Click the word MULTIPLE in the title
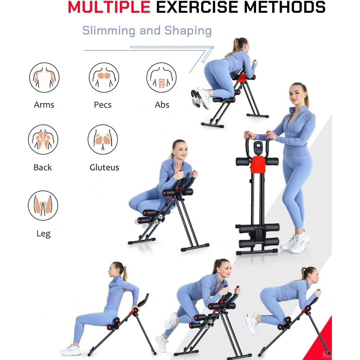pyautogui.click(x=109, y=7)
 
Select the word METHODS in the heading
pyautogui.click(x=284, y=7)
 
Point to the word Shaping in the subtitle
pyautogui.click(x=188, y=31)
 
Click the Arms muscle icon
pyautogui.click(x=44, y=77)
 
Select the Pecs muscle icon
pyautogui.click(x=104, y=77)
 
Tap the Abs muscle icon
pyautogui.click(x=161, y=77)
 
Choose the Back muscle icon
pyautogui.click(x=43, y=139)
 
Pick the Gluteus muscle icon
pyautogui.click(x=103, y=139)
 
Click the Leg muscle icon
pyautogui.click(x=43, y=205)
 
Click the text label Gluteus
pyautogui.click(x=104, y=167)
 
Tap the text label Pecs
pyautogui.click(x=103, y=105)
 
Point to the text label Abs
pyautogui.click(x=162, y=105)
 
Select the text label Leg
pyautogui.click(x=43, y=234)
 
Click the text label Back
pyautogui.click(x=43, y=167)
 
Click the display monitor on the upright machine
pyautogui.click(x=257, y=148)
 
